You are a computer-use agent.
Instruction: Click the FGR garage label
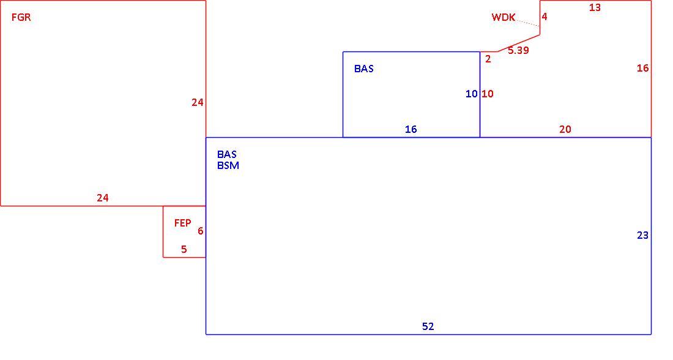tap(21, 18)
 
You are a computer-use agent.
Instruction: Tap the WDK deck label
tap(504, 17)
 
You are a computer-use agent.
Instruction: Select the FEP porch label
tap(182, 223)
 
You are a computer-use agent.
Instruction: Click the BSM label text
tap(228, 165)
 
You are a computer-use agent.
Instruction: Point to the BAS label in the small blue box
tap(364, 69)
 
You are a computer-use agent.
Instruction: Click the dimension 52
tap(428, 326)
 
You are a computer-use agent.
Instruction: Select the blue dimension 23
tap(642, 235)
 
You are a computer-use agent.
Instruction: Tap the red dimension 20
tap(565, 129)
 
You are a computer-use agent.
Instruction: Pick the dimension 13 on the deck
tap(595, 7)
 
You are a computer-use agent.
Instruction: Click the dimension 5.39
tap(518, 50)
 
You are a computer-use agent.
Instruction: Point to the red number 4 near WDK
tap(545, 17)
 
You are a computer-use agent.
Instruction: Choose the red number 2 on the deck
tap(488, 59)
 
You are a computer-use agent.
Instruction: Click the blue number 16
tap(411, 129)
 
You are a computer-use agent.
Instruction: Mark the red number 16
tap(642, 69)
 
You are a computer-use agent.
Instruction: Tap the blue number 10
tap(472, 94)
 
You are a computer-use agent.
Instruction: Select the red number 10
tap(488, 94)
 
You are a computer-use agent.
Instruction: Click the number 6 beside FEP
tap(201, 231)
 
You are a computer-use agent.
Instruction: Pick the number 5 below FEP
tap(184, 249)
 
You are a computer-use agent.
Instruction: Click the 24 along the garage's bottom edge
tap(103, 198)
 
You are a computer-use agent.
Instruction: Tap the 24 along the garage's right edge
tap(198, 103)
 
